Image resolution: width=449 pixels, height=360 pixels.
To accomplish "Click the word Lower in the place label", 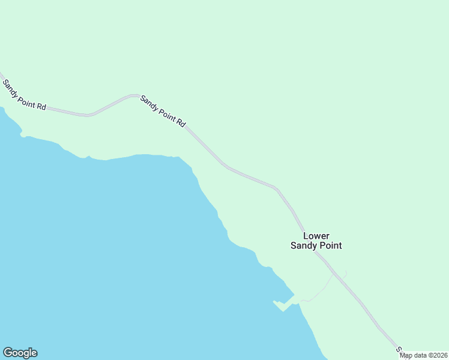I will [316, 236].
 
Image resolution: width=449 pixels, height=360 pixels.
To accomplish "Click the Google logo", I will [20, 353].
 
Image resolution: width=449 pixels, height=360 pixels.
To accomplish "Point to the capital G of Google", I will [8, 353].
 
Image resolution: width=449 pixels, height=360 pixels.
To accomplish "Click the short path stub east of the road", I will [345, 275].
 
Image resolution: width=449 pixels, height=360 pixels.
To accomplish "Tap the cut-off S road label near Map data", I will [397, 349].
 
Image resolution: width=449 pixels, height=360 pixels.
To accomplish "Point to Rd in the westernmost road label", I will [40, 106].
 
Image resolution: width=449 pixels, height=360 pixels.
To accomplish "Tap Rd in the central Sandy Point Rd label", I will [179, 122].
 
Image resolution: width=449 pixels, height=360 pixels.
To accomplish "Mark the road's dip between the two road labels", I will [88, 115].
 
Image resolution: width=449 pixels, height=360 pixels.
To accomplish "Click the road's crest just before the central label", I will [133, 95].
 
